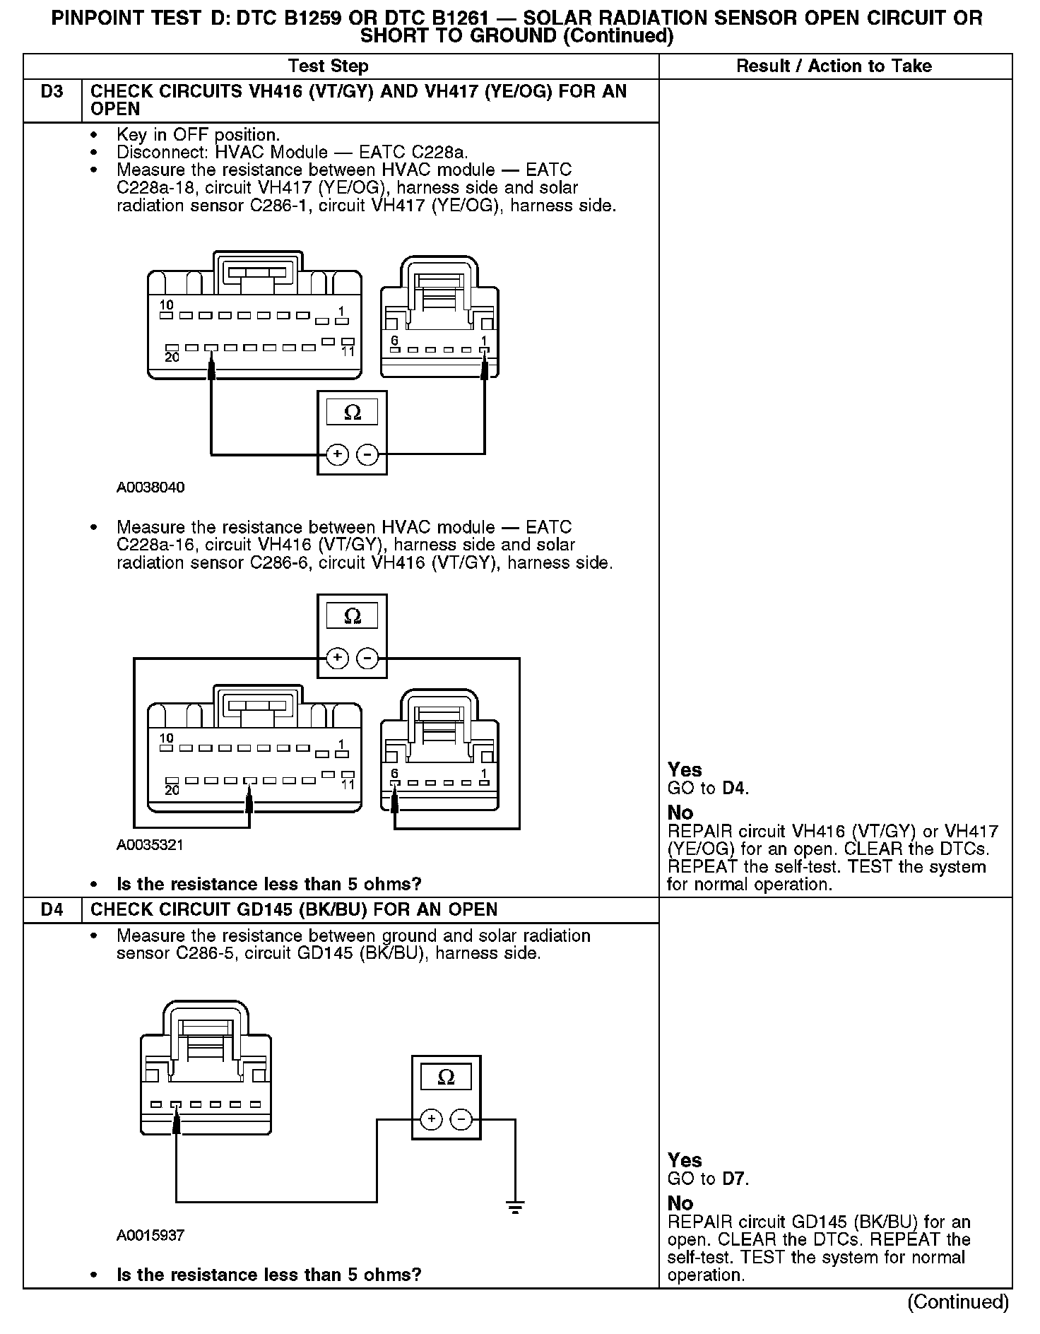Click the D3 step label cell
pos(52,92)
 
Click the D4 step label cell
pos(52,909)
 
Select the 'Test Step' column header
pos(328,66)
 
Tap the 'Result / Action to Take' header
pos(834,66)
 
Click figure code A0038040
pos(150,488)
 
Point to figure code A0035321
pos(150,844)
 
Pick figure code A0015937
pos(150,1235)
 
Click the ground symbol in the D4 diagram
pos(516,1208)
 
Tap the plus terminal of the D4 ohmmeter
pos(431,1119)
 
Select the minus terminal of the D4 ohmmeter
pos(461,1119)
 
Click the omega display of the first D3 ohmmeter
pos(352,413)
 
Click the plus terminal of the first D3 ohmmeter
pos(338,454)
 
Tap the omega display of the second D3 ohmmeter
pos(352,616)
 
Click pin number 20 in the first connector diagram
pos(172,358)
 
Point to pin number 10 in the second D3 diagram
pos(166,738)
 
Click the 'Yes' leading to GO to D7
pos(685,1160)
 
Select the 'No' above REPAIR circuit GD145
pos(680,1203)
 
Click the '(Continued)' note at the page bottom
pos(958,1301)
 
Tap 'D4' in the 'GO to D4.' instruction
pos(734,788)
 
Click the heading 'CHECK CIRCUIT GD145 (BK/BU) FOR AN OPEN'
pos(294,909)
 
